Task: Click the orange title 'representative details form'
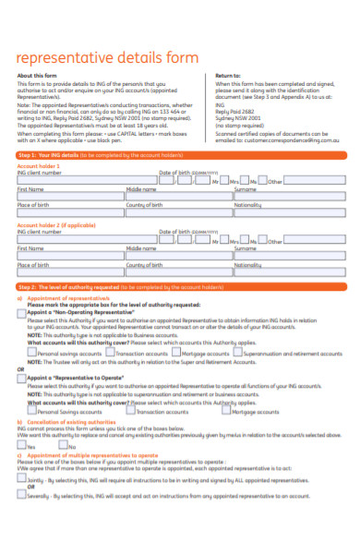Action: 107,57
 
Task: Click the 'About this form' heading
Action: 38,76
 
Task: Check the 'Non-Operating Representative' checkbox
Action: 22,312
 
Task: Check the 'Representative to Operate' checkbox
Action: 22,377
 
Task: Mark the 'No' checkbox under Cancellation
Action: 63,445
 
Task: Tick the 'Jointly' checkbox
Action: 22,480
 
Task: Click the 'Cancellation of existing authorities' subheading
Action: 68,421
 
